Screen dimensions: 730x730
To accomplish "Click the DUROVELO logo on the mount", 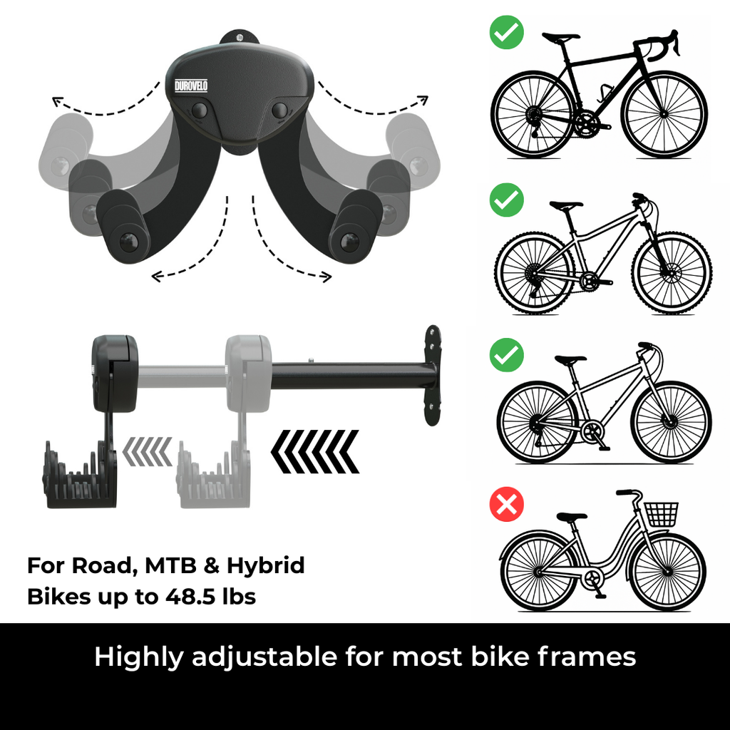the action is (191, 86).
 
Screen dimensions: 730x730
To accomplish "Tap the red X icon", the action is (507, 504).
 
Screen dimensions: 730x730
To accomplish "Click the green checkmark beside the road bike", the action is (507, 32).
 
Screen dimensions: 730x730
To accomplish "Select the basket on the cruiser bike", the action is (661, 515).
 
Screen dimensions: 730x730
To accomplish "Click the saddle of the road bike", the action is (561, 37).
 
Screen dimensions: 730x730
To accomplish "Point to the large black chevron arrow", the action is (315, 451).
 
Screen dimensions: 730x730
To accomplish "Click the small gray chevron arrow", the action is (148, 451).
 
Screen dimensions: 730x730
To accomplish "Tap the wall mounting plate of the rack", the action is (433, 375).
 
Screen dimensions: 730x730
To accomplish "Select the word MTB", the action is (170, 565).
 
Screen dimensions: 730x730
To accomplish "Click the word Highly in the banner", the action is (139, 657).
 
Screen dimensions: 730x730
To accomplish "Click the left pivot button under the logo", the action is (200, 110).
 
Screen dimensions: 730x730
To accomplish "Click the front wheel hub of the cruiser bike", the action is (668, 571).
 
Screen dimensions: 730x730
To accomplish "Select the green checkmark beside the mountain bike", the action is (507, 200).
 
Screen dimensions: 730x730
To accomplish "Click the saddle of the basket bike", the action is (572, 517).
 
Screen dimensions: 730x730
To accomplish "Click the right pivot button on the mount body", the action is (279, 110).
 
